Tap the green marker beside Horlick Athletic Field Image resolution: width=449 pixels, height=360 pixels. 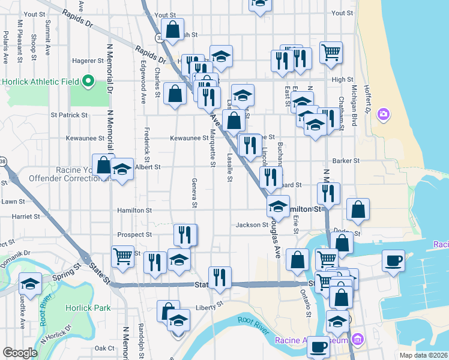88,81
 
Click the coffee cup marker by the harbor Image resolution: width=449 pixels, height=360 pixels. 393,261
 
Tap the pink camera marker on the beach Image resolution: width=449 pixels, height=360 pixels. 384,113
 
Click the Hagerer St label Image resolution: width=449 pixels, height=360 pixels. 88,61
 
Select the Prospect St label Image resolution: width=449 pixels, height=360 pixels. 136,235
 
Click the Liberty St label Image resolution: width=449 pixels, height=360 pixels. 209,308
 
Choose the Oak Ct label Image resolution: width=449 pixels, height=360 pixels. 104,348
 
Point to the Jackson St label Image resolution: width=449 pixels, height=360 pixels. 252,225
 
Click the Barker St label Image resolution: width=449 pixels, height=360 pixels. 345,161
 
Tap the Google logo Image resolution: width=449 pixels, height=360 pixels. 20,352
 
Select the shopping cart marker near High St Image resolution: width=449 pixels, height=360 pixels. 331,53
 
